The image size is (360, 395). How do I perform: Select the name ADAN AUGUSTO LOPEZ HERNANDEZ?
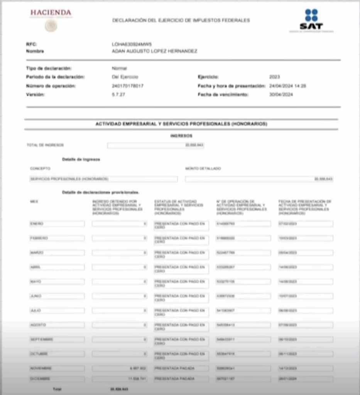[154, 51]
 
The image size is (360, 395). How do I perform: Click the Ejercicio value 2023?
[275, 77]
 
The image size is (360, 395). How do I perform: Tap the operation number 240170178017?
[127, 86]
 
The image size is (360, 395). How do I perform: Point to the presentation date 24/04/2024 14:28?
[287, 86]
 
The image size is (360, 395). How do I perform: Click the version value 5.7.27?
[118, 95]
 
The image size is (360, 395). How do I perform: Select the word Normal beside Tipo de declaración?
[120, 68]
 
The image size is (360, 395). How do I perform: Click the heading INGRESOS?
[181, 136]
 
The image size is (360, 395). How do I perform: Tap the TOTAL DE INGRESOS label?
[45, 145]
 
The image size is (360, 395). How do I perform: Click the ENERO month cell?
[57, 224]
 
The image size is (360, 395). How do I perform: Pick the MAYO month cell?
[57, 282]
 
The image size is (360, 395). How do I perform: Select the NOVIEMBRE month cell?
[57, 368]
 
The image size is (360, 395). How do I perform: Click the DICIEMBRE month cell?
[57, 379]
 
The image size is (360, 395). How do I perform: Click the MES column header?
[34, 201]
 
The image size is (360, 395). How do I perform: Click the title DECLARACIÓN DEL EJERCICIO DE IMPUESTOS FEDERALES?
[181, 20]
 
